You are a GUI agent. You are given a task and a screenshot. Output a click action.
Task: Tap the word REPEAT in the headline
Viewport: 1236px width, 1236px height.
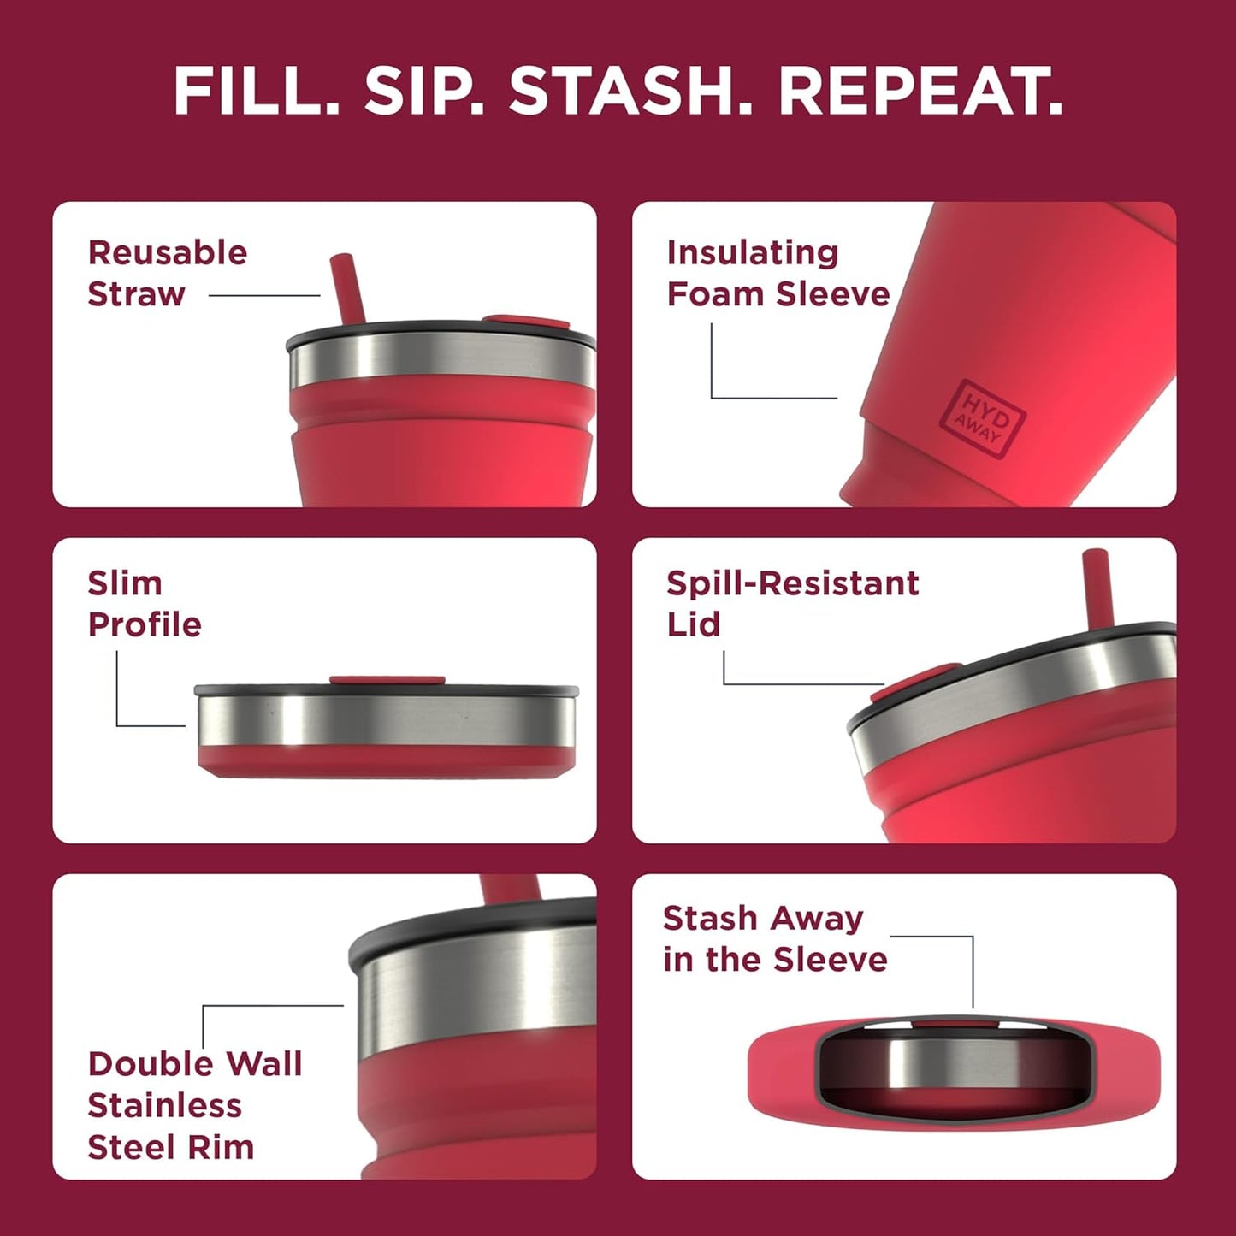[920, 92]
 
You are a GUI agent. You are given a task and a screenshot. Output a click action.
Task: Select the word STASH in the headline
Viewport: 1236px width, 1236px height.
[630, 92]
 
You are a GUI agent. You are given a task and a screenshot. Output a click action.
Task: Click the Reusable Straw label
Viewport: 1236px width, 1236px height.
[167, 273]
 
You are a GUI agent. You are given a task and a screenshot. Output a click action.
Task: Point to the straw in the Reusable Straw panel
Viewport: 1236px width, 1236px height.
[347, 287]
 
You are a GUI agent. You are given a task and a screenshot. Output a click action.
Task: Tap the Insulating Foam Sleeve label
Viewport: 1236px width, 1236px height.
[778, 273]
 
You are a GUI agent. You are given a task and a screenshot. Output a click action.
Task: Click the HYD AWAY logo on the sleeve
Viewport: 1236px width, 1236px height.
[981, 419]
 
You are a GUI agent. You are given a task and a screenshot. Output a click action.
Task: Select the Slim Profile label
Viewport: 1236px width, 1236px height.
[144, 603]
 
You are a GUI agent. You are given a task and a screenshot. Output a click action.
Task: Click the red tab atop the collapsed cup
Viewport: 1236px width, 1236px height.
[387, 681]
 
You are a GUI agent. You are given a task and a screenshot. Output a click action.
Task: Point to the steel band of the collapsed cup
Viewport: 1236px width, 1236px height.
[385, 719]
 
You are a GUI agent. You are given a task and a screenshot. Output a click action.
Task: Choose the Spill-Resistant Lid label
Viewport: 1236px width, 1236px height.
[791, 603]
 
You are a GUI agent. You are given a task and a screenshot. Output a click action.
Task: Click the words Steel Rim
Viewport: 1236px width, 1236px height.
[170, 1147]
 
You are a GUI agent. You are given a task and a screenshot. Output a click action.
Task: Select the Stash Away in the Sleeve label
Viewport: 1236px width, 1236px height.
[774, 938]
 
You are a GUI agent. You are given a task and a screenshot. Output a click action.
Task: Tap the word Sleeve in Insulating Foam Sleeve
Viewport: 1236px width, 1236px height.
[833, 294]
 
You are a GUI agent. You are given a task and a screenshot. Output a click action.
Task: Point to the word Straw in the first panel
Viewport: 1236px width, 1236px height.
[136, 294]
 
